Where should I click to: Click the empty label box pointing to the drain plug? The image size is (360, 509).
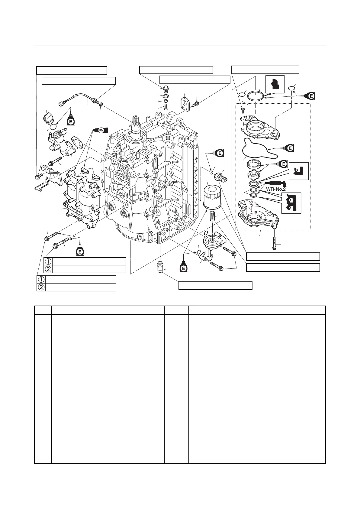[215, 285]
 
